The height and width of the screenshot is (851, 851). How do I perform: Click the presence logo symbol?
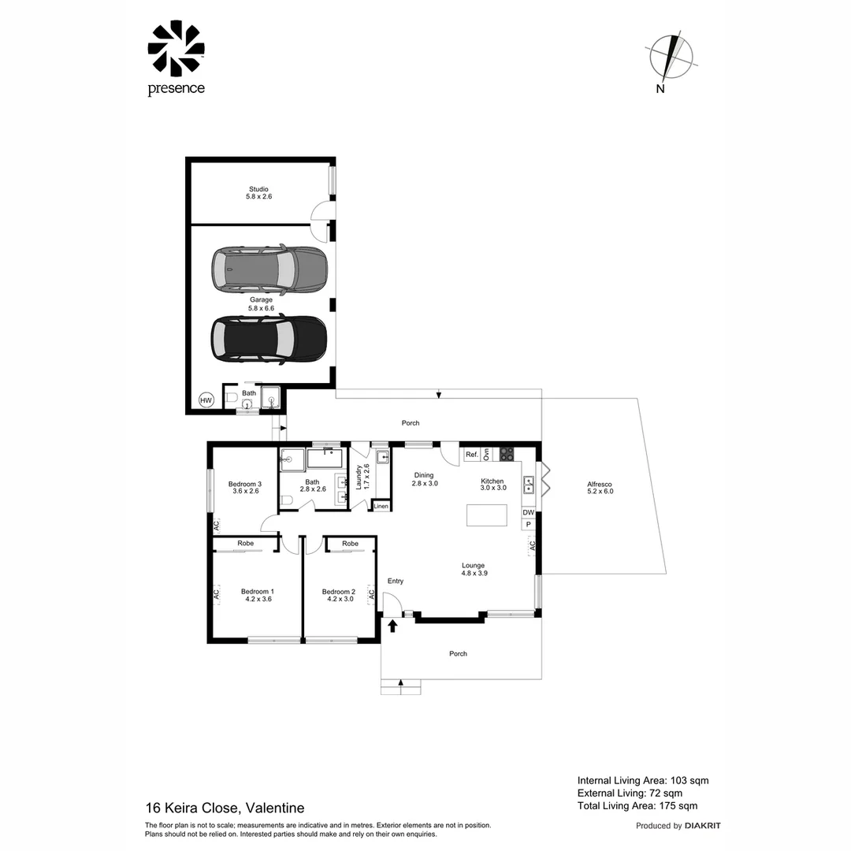[x=176, y=49]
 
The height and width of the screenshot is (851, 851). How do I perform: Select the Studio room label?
[x=258, y=189]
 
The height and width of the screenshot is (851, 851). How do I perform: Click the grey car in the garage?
[x=269, y=269]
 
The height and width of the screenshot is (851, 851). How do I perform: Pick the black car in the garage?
[x=269, y=339]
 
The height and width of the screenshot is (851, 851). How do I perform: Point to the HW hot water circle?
[x=206, y=400]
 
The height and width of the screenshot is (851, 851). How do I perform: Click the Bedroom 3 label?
[x=244, y=484]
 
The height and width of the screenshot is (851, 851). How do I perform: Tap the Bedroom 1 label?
[x=257, y=591]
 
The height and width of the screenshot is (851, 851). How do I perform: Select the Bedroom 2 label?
[x=338, y=591]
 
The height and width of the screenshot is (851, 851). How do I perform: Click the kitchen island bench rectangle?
[x=489, y=515]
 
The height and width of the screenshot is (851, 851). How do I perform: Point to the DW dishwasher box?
[x=528, y=513]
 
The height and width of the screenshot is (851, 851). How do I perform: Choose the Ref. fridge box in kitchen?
[x=472, y=455]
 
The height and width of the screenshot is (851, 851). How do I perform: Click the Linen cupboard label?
[x=381, y=506]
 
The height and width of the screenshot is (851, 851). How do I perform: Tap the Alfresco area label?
[x=600, y=485]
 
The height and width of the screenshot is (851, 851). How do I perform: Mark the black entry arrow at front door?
[x=392, y=626]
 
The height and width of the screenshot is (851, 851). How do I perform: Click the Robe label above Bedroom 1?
[x=245, y=544]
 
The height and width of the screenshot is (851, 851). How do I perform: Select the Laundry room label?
[x=359, y=478]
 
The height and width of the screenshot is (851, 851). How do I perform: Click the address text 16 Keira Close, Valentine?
[x=225, y=808]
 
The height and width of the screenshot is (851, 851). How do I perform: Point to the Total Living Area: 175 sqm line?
[x=637, y=805]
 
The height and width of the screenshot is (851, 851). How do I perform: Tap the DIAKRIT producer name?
[x=702, y=826]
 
